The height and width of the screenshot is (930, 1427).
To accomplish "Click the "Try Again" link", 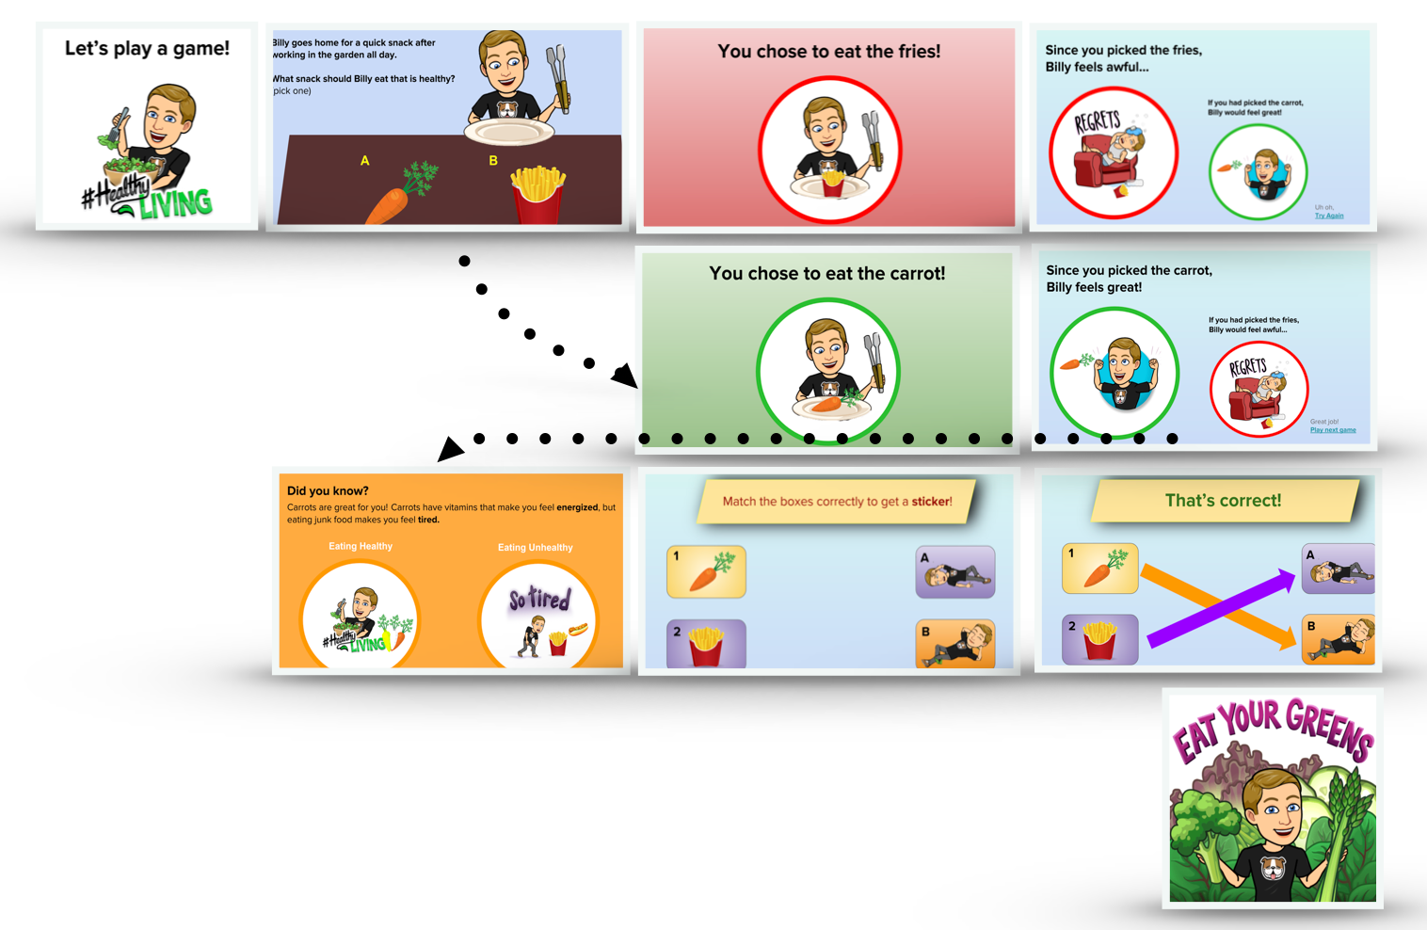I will [1328, 216].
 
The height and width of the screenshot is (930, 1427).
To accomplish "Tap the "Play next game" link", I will [1333, 430].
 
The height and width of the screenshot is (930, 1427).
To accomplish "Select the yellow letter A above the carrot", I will [365, 161].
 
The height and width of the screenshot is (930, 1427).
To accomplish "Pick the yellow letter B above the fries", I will [492, 161].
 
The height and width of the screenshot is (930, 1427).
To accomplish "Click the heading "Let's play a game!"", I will [147, 48].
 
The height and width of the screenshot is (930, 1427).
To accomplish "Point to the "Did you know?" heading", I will [328, 490].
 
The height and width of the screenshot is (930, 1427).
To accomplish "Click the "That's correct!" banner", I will [1223, 501].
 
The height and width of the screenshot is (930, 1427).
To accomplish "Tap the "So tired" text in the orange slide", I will [539, 599].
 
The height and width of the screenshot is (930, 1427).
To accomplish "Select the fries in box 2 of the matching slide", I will [706, 646].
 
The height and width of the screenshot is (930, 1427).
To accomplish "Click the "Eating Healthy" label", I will [361, 546].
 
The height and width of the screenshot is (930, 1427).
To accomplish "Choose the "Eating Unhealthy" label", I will [535, 547].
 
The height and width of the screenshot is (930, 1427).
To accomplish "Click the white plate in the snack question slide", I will [508, 133].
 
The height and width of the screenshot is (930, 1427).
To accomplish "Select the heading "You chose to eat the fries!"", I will [828, 52].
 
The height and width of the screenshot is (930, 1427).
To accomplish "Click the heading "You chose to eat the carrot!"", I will [826, 273].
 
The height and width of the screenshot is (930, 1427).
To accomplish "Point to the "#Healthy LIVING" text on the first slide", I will [151, 196].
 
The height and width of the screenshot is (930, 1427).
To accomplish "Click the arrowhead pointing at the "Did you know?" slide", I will [450, 449].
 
